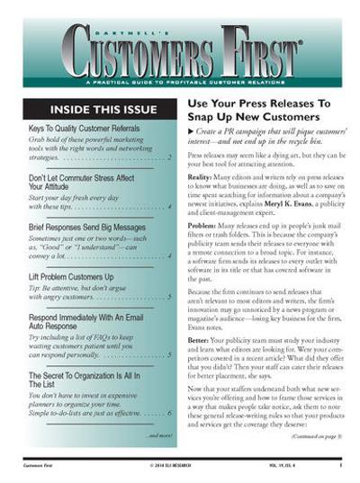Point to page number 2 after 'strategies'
170,157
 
